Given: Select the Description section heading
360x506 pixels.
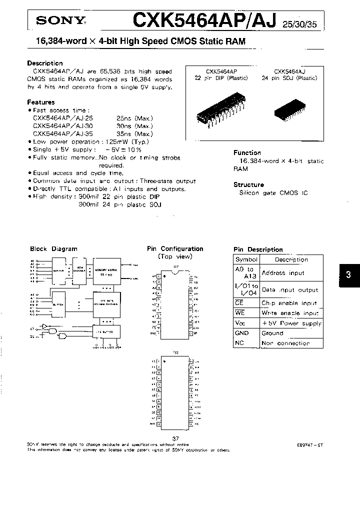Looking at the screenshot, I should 45,63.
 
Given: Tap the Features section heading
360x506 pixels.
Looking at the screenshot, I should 41,102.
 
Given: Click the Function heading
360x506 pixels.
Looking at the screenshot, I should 247,152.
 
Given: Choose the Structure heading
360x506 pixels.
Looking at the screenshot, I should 249,184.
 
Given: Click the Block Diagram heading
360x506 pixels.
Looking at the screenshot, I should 53,248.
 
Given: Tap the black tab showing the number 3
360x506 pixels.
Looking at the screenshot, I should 348,274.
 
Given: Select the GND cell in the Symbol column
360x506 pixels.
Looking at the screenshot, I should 242,333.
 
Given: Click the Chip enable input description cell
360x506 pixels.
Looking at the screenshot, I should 289,303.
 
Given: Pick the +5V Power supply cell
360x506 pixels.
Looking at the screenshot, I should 291,323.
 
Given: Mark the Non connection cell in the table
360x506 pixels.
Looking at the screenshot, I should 285,343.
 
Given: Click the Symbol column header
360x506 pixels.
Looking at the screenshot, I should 246,259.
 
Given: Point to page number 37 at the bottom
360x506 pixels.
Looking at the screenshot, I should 175,438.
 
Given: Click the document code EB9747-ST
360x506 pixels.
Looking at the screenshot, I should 310,444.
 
